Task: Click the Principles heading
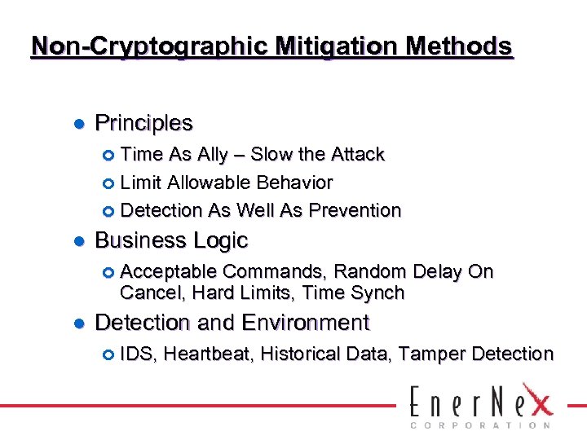[x=143, y=123]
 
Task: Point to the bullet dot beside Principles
[x=79, y=124]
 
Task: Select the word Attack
[x=355, y=155]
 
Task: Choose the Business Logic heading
[x=171, y=240]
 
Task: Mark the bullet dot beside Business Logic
[x=79, y=241]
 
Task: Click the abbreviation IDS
[x=138, y=354]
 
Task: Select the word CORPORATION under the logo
[x=479, y=425]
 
